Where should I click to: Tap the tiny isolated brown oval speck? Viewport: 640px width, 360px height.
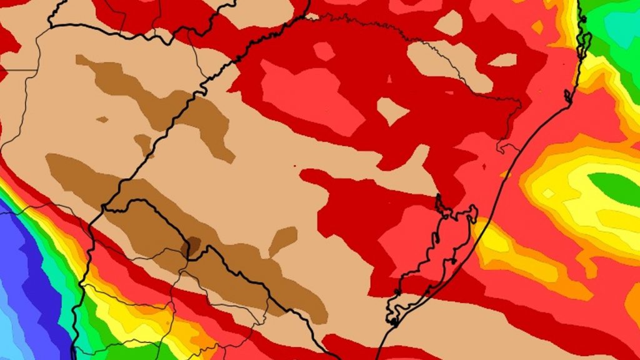point(102,119)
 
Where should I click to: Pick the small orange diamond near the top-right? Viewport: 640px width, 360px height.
point(537,27)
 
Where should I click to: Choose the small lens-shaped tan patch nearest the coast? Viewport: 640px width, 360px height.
point(503,60)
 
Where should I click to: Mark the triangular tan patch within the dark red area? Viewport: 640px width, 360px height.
point(392,111)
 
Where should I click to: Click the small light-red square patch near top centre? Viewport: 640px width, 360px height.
point(324,51)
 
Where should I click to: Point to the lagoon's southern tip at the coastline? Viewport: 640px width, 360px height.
point(392,321)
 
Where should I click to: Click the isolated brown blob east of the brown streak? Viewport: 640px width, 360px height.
point(283,240)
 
